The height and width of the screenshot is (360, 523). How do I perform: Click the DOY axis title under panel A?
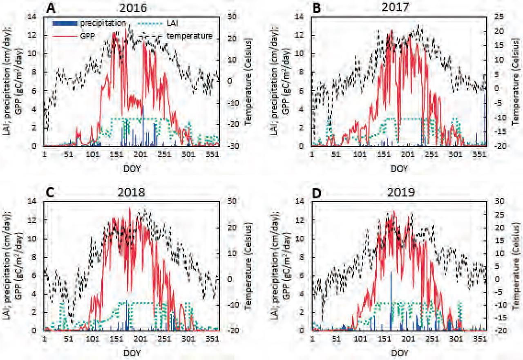coord(132,168)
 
